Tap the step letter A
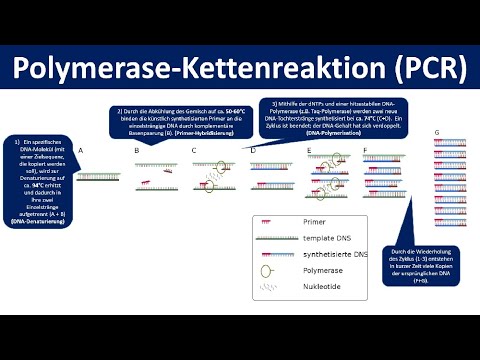pos(80,149)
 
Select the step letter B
pos(136,149)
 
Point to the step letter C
pos(194,149)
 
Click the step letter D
pos(253,149)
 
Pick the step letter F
pos(365,149)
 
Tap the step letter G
pos(437,132)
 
